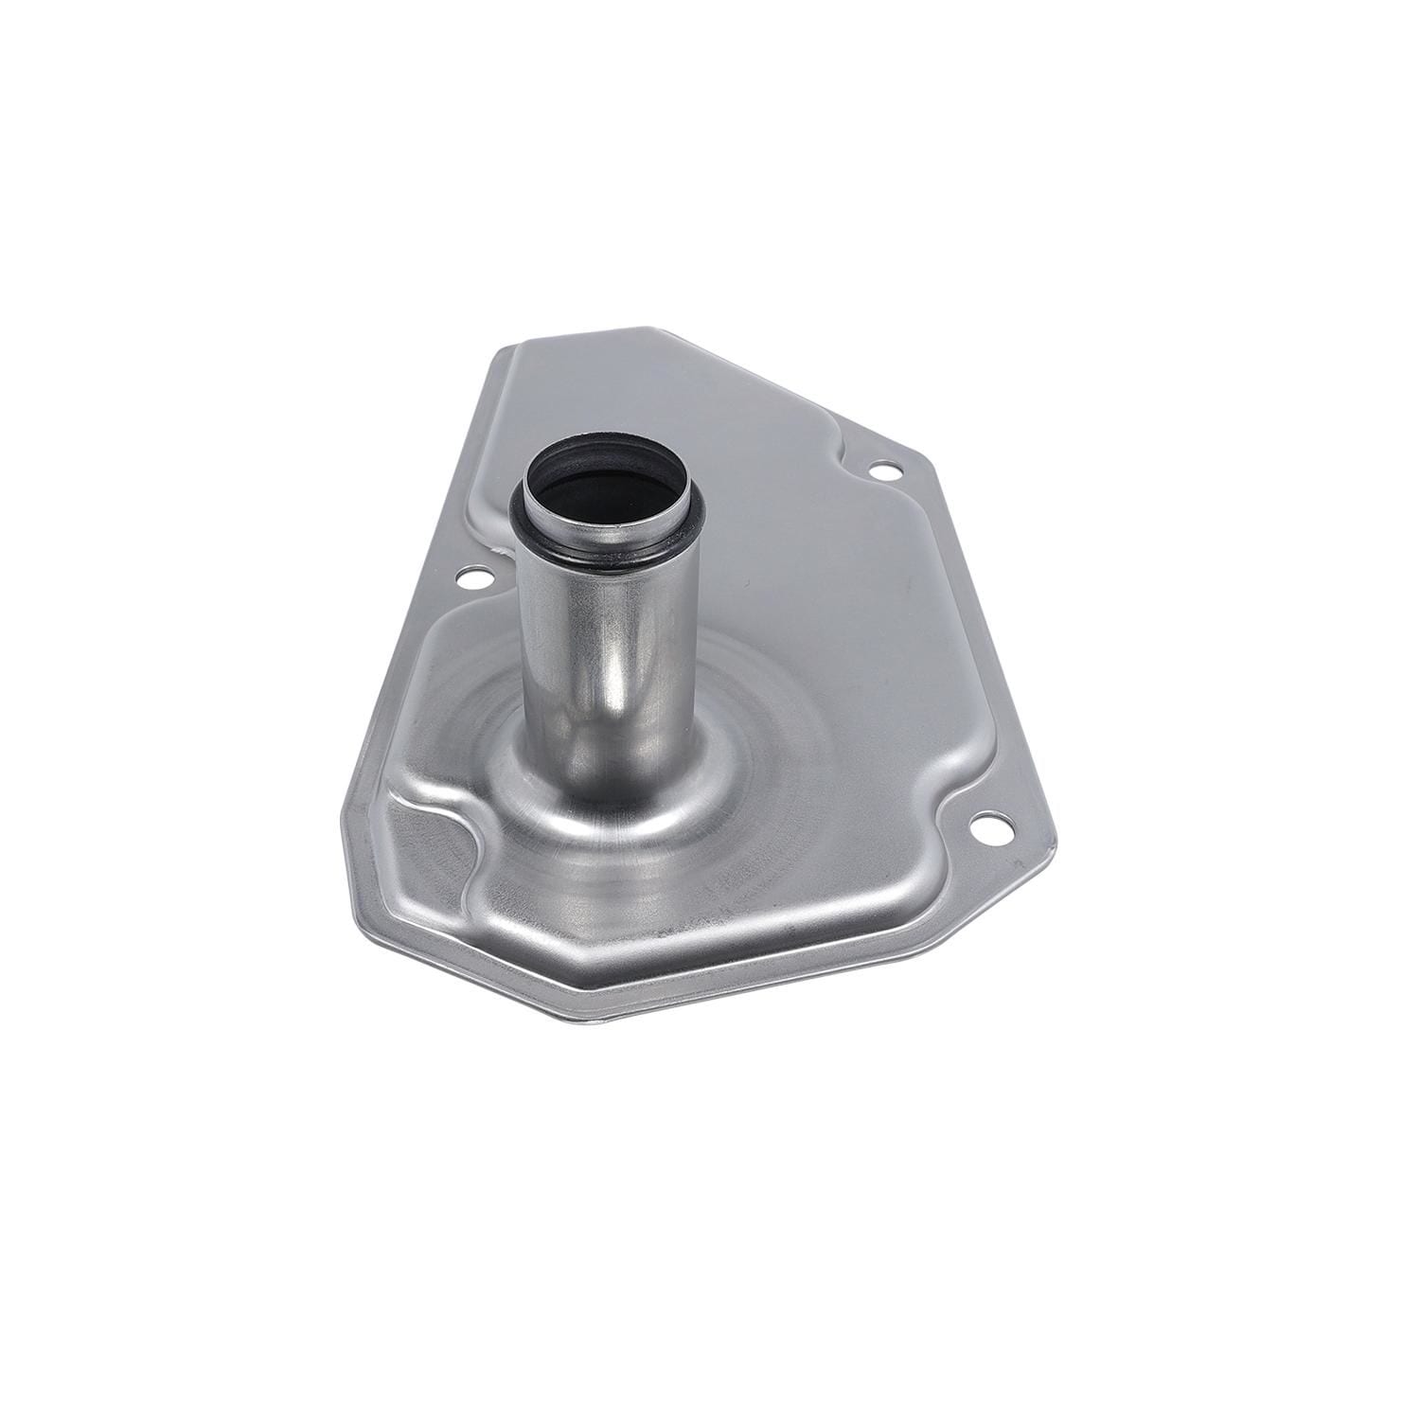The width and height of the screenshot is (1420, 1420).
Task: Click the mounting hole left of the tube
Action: pyautogui.click(x=470, y=577)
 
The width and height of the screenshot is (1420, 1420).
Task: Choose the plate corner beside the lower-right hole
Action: pyautogui.click(x=1027, y=833)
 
